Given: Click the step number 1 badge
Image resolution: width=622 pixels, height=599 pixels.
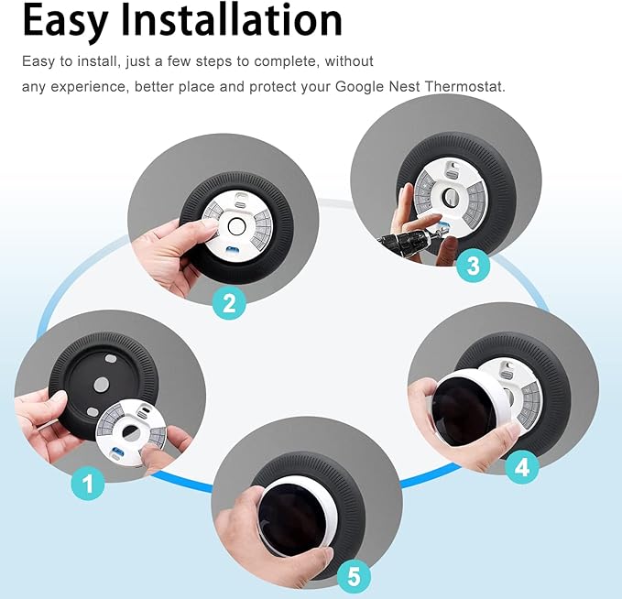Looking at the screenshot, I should tap(88, 484).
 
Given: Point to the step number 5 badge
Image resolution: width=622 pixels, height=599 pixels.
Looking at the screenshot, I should tap(355, 577).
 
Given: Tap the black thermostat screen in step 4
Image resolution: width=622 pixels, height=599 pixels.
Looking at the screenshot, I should tap(464, 412).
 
